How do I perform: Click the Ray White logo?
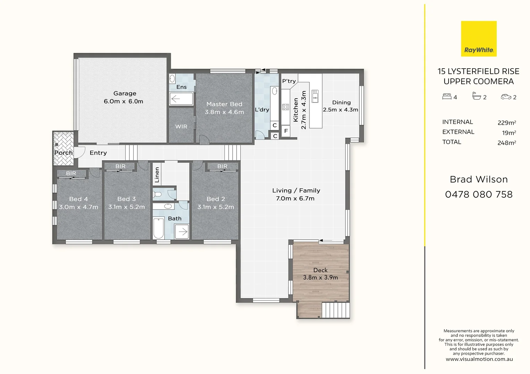point(479,38)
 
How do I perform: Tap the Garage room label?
point(125,93)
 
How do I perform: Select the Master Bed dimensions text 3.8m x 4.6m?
point(224,112)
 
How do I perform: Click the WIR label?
point(181,127)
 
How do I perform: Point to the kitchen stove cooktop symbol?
point(285,107)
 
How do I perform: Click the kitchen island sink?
point(315,96)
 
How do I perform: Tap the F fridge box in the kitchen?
point(286,131)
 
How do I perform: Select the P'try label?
point(289,81)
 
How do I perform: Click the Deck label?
point(320,270)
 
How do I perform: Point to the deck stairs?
point(335,310)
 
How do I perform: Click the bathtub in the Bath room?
point(159,228)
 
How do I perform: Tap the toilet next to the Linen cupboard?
point(158,194)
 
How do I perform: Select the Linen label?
point(157,175)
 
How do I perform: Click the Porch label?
point(63,153)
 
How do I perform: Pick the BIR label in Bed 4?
point(71,173)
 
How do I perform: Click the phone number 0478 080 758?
point(479,195)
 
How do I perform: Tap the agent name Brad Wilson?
point(479,179)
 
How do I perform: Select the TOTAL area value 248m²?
point(506,143)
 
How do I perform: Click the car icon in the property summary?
point(506,97)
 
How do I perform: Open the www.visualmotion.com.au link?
point(479,359)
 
